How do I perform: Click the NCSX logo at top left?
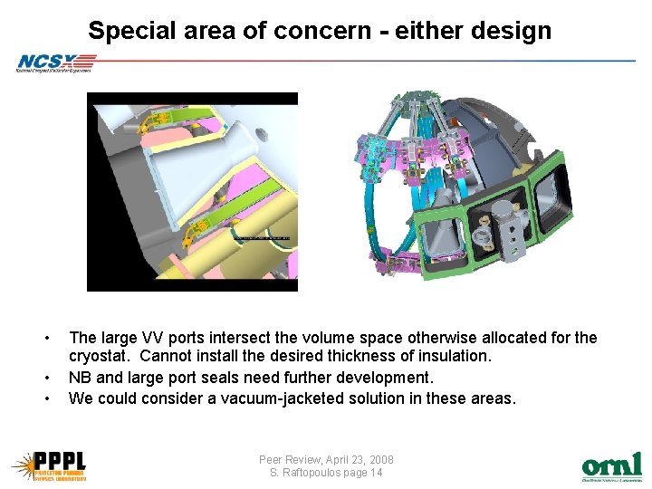click(54, 62)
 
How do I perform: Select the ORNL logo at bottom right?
click(611, 465)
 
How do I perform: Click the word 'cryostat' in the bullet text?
click(100, 357)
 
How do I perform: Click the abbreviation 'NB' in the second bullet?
click(81, 378)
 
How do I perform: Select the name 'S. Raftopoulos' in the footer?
click(303, 473)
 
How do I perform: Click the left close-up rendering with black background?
click(191, 191)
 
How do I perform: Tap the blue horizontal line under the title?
click(362, 61)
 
